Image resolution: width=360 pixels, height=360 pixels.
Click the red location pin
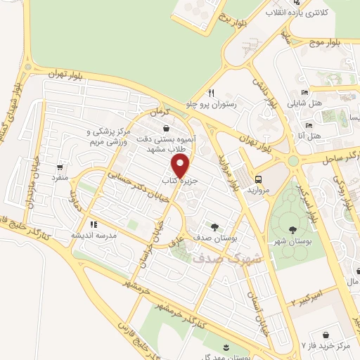[181, 167]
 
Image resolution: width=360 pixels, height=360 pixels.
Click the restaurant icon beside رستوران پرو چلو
[211, 93]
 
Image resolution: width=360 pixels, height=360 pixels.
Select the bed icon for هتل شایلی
[304, 93]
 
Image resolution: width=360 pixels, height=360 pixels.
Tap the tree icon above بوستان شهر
[292, 229]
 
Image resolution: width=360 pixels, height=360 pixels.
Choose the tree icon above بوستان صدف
[214, 226]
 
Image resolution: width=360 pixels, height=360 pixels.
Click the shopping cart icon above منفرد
[60, 167]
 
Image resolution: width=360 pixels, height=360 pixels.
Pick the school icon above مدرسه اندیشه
[93, 224]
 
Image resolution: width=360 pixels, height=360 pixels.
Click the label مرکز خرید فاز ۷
[328, 345]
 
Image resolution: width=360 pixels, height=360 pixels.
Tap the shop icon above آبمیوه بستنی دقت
[165, 129]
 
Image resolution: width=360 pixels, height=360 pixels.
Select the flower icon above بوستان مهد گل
[226, 347]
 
